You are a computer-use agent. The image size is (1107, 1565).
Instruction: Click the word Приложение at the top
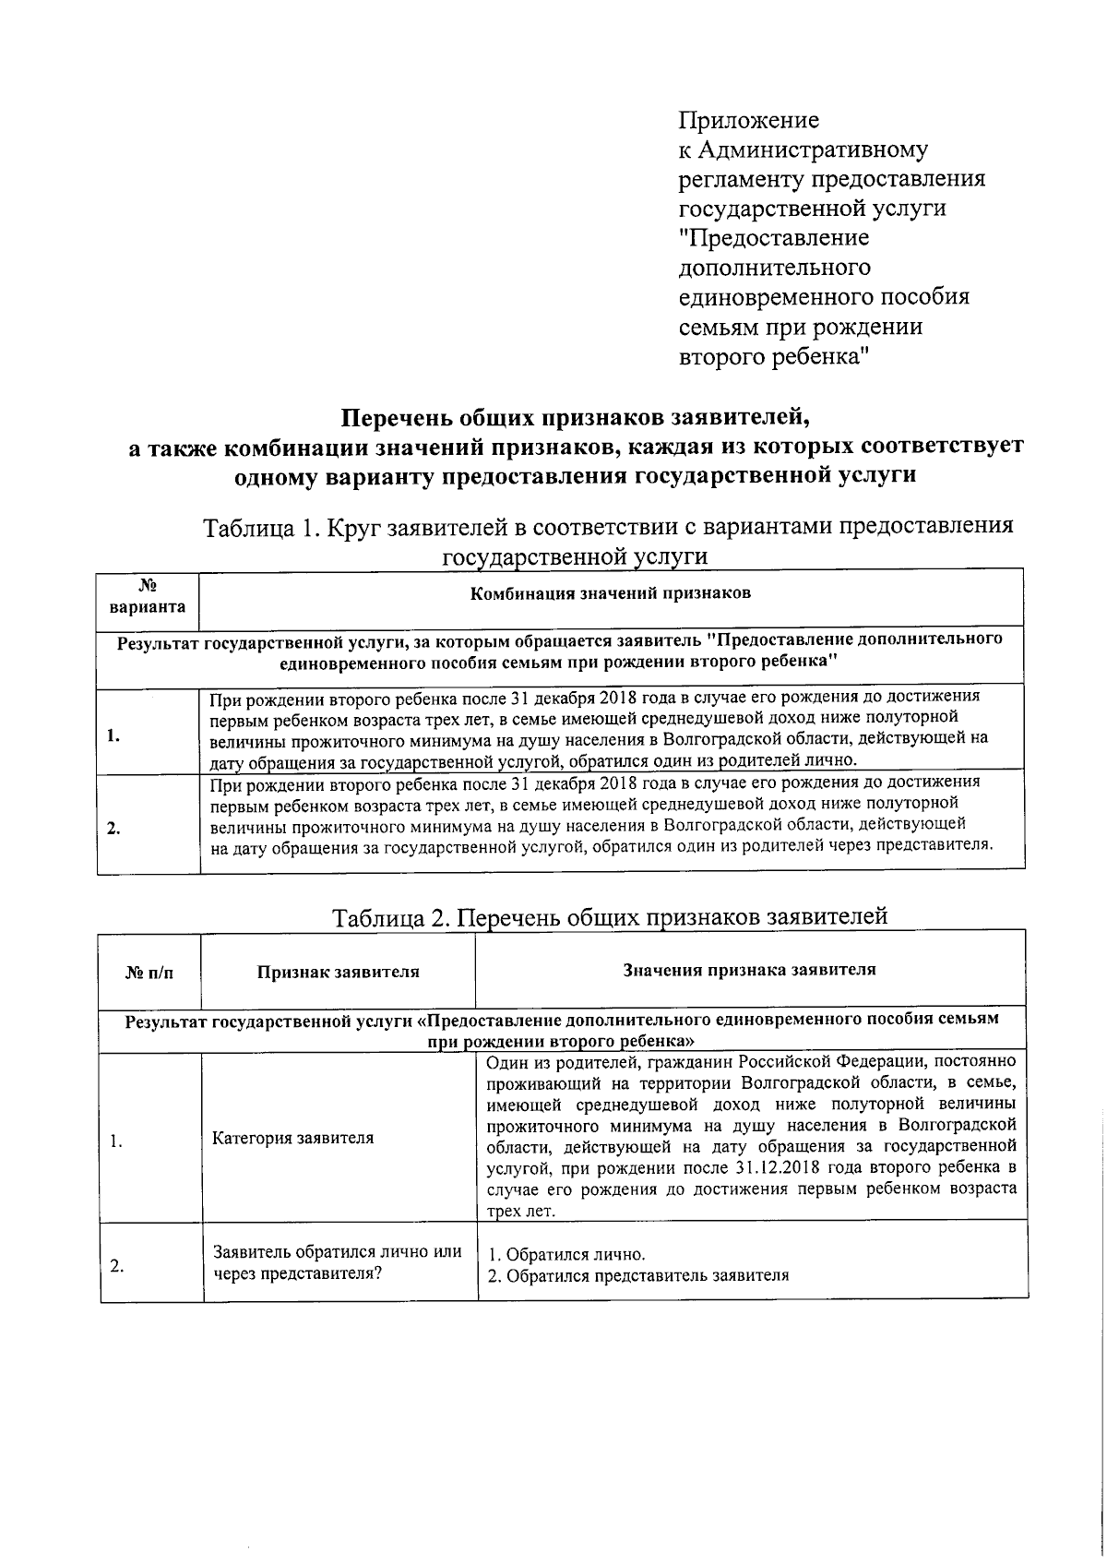click(748, 121)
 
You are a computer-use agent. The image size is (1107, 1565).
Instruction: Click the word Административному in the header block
click(813, 150)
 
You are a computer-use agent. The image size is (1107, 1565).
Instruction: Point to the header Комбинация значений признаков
click(610, 593)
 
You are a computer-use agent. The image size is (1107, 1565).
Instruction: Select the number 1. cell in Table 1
click(113, 735)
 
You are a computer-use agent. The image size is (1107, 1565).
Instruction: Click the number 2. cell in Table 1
click(113, 827)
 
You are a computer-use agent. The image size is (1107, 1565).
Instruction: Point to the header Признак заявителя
click(338, 971)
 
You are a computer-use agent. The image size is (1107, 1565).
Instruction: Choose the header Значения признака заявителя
click(749, 969)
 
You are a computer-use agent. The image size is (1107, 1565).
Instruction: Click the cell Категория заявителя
click(292, 1138)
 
